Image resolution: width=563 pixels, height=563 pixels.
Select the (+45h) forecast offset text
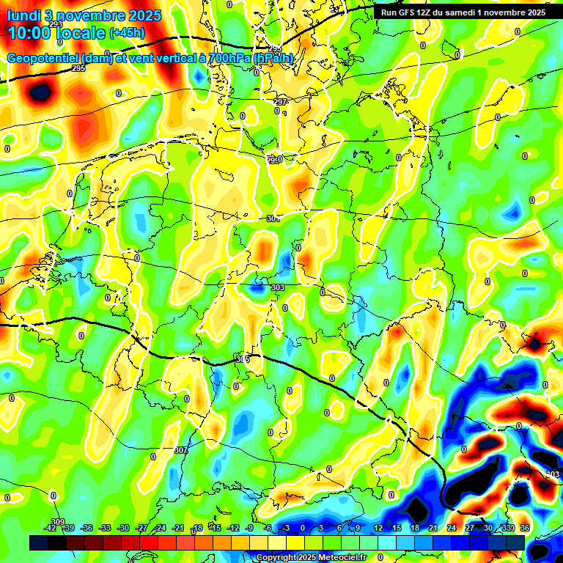[126, 33]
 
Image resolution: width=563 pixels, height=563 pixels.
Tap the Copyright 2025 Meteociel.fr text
[311, 557]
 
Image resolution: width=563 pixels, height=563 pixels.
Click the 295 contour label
[79, 69]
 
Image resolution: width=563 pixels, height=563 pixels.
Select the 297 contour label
[280, 102]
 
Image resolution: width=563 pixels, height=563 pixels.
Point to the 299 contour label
[273, 160]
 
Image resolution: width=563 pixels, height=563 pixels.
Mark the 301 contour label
[273, 218]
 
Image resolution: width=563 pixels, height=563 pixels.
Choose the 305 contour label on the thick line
[243, 359]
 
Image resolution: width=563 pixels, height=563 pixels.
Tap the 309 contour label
[58, 522]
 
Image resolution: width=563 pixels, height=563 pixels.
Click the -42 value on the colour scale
[51, 529]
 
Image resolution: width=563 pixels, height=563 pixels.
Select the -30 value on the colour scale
[123, 529]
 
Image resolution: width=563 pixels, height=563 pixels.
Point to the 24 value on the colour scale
[451, 529]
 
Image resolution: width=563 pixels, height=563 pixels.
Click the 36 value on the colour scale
[525, 529]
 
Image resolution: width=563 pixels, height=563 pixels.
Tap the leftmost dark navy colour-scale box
[39, 542]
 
